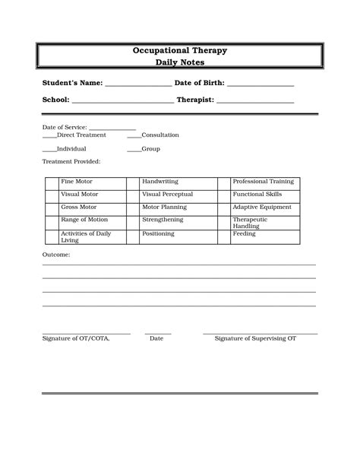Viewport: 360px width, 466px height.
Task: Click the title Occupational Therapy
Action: [180, 50]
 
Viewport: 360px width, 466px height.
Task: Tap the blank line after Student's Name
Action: [138, 85]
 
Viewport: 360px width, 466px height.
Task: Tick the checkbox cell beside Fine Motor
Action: [51, 183]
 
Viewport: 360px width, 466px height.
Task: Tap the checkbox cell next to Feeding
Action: [223, 236]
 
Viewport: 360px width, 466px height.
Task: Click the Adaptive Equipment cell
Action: [264, 208]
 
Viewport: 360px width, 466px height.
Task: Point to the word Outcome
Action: [56, 255]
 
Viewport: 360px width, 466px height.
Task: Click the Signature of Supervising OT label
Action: [255, 338]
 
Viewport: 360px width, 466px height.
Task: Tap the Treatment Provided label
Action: [71, 162]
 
